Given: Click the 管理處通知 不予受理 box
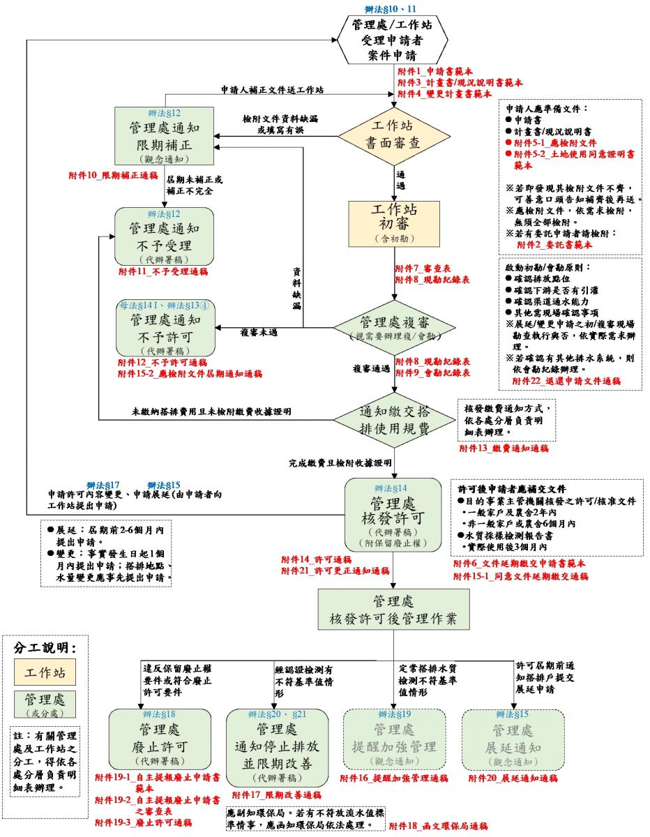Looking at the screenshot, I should [x=165, y=236].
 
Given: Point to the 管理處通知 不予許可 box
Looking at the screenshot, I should [x=165, y=326].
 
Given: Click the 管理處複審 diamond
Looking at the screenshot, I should [x=395, y=326].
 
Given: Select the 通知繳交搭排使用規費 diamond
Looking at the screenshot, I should [x=395, y=417].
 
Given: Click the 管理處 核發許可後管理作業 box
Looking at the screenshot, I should [x=395, y=610].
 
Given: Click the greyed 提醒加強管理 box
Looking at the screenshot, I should [x=394, y=739].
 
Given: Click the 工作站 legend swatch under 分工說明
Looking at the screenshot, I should [x=46, y=673].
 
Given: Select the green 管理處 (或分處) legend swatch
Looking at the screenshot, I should [x=46, y=703].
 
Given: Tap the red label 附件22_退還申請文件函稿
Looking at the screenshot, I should [x=566, y=381].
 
